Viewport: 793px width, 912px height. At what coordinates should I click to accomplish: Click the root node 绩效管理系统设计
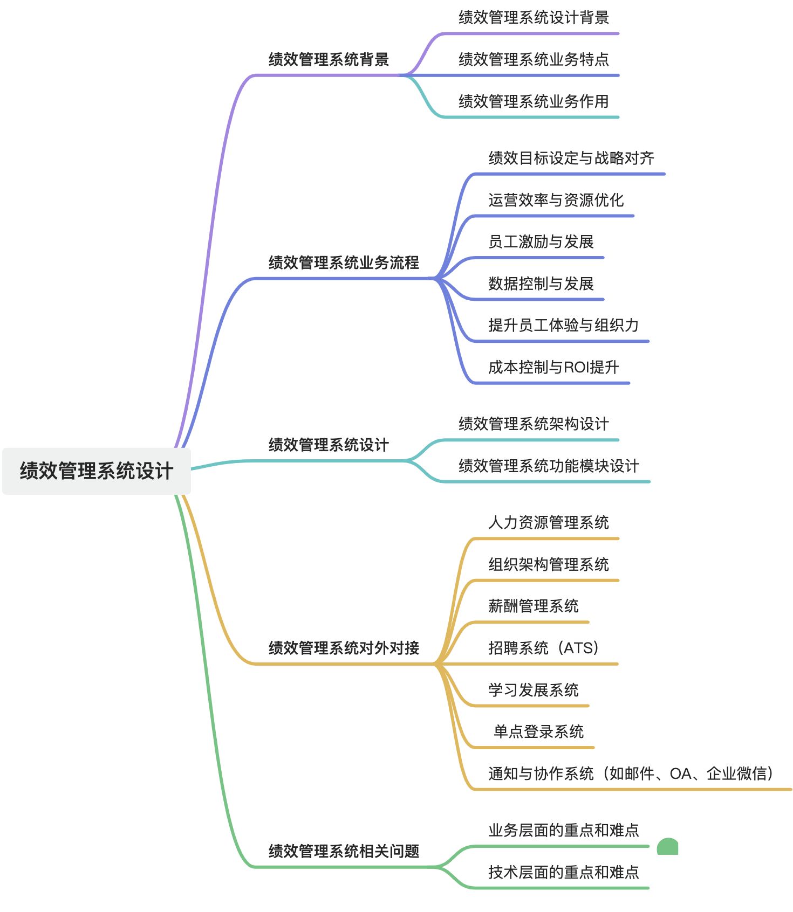(x=97, y=471)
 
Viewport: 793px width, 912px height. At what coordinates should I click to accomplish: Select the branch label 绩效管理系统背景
(x=329, y=59)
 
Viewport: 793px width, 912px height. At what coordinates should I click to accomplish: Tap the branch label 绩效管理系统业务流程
(x=344, y=262)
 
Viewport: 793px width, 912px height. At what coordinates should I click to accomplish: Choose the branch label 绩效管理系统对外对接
(x=344, y=647)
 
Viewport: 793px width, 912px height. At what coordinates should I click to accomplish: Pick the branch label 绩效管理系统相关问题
(x=344, y=851)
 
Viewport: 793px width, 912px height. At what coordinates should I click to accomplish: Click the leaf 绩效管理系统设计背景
(x=534, y=17)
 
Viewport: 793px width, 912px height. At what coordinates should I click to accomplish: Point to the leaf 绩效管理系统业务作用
(x=534, y=101)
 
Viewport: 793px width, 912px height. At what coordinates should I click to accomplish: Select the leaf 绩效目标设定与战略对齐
(x=571, y=158)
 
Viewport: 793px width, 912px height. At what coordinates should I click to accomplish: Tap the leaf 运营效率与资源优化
(x=556, y=200)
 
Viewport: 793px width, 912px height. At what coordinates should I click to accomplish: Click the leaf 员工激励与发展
(x=541, y=241)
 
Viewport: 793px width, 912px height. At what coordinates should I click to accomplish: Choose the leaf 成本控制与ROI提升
(x=553, y=367)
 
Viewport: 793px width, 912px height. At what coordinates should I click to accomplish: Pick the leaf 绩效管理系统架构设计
(x=534, y=424)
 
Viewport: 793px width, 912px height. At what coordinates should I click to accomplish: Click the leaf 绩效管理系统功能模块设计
(x=549, y=466)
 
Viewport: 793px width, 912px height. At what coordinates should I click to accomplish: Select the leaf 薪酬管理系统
(x=533, y=606)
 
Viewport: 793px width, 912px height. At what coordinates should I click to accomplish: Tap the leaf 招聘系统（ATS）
(x=544, y=647)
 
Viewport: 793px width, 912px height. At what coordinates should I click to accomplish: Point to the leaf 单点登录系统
(x=538, y=731)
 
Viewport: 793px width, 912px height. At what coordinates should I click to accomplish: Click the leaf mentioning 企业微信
(x=631, y=773)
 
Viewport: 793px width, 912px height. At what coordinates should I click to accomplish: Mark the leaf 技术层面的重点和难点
(x=564, y=872)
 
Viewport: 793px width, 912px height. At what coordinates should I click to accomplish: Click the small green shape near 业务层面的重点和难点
(x=667, y=847)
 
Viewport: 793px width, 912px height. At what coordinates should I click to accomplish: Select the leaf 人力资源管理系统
(x=548, y=522)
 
